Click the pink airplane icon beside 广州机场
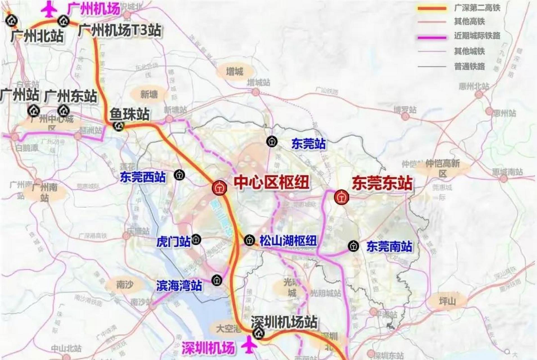[x=50, y=9]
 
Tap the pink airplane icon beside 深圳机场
[x=250, y=345]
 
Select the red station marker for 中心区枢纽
[x=219, y=188]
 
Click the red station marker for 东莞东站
[x=341, y=197]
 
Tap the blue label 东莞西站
[x=143, y=177]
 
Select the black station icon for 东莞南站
[x=353, y=246]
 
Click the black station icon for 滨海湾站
[x=217, y=280]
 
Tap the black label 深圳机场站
[x=284, y=322]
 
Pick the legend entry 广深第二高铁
[x=477, y=8]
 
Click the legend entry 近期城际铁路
[x=477, y=36]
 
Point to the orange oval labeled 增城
[x=234, y=71]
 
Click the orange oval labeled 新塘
[x=149, y=94]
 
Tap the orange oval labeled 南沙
[x=124, y=285]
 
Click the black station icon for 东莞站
[x=272, y=141]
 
